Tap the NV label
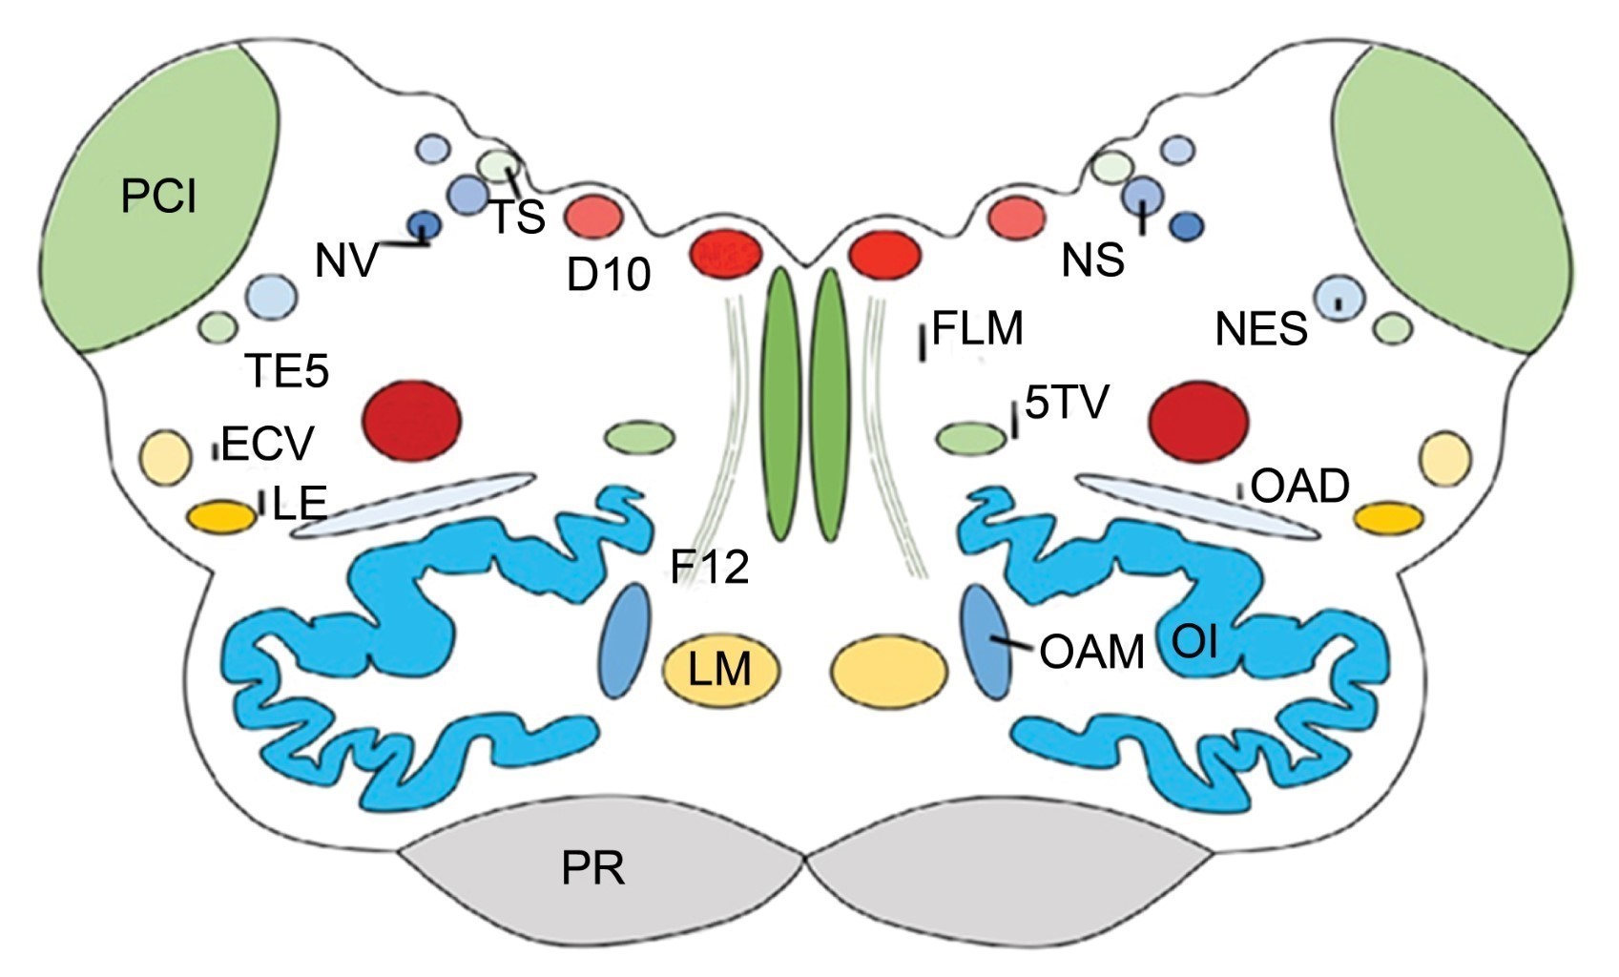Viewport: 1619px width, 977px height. click(346, 260)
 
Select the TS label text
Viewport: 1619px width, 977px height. click(518, 218)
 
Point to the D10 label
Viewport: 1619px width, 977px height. click(609, 275)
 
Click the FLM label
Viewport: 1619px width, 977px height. click(977, 329)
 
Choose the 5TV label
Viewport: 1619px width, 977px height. click(1067, 403)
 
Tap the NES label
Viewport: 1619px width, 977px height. click(1260, 330)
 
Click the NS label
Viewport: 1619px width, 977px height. click(1093, 260)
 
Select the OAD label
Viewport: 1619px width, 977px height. click(1299, 487)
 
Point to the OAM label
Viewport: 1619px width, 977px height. click(1091, 653)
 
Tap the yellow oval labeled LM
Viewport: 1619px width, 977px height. click(721, 669)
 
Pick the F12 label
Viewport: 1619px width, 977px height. click(709, 569)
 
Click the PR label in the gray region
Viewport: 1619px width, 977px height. click(592, 869)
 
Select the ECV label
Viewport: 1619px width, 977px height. click(266, 444)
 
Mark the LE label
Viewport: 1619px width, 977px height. click(300, 503)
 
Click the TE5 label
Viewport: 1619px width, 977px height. click(286, 370)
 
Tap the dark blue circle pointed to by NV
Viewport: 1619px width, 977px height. click(421, 225)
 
